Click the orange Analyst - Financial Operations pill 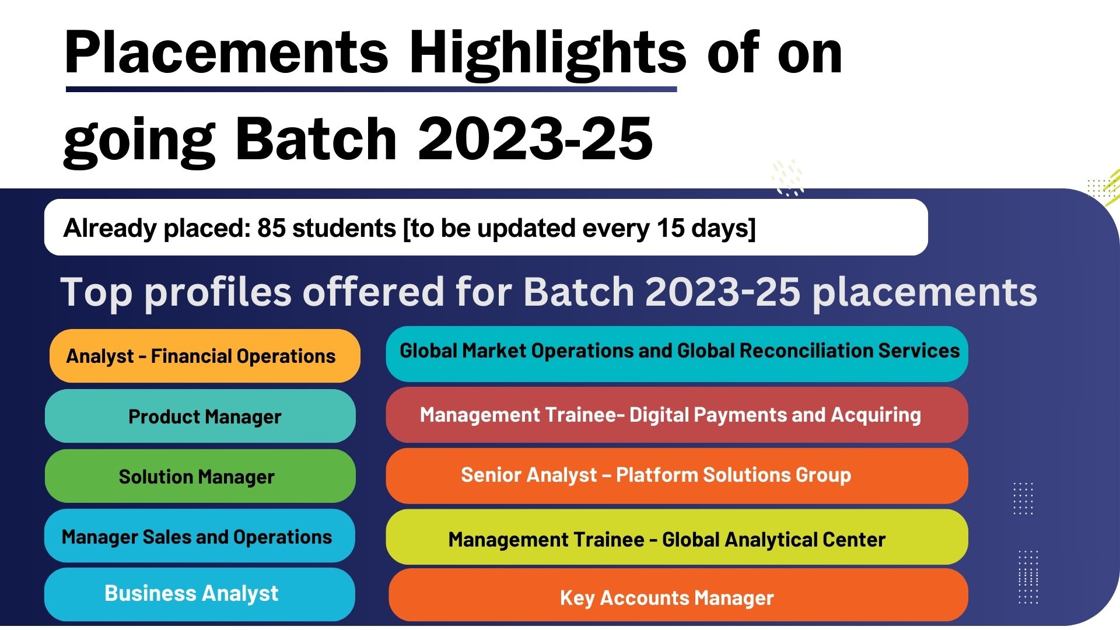coord(205,356)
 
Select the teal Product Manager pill coord(200,416)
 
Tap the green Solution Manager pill coord(200,476)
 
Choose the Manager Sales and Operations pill coord(199,535)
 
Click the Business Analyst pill coord(199,594)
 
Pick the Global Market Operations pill coord(677,354)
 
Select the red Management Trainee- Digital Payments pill coord(677,415)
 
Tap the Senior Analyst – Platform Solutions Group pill coord(677,476)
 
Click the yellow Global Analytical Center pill coord(677,537)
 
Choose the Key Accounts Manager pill coord(678,595)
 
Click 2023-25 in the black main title coord(535,138)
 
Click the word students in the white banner coord(344,228)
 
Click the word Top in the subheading coord(97,292)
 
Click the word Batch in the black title coord(316,138)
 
